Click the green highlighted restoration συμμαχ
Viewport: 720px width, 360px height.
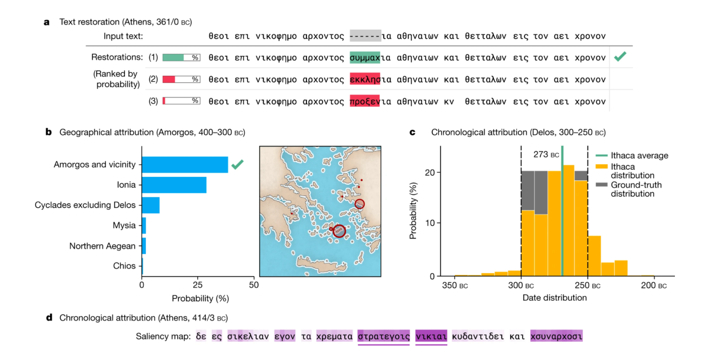click(x=364, y=58)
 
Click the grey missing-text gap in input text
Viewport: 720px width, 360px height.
click(x=365, y=36)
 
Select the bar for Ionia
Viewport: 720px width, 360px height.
click(x=174, y=185)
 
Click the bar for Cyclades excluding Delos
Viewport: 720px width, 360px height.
click(x=151, y=205)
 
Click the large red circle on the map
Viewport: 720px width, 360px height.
click(x=339, y=231)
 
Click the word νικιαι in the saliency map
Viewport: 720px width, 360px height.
click(x=431, y=336)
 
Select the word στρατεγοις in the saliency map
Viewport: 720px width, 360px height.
click(x=383, y=336)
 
